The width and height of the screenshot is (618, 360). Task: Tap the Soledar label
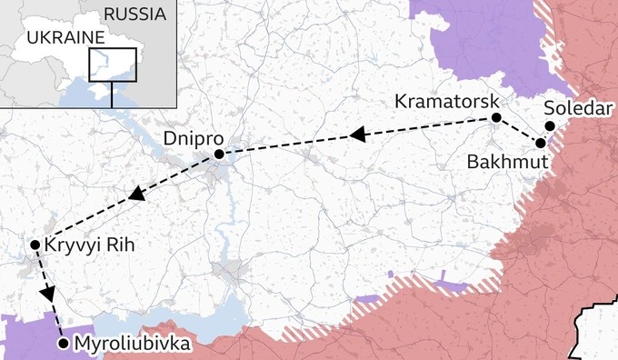[x=576, y=108]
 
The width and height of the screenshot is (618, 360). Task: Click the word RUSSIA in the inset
[x=135, y=14]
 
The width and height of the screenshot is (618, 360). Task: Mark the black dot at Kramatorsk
[x=496, y=118]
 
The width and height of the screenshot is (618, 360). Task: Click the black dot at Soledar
[x=550, y=126]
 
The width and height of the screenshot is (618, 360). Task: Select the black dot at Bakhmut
[x=541, y=143]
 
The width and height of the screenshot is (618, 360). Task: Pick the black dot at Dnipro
[x=219, y=155]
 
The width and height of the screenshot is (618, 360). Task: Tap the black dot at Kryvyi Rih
[x=34, y=245]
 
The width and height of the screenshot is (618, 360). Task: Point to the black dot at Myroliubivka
[x=62, y=344]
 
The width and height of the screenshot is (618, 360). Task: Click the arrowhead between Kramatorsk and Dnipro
[x=358, y=135]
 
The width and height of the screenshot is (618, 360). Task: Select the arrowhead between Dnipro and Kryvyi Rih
[x=137, y=194]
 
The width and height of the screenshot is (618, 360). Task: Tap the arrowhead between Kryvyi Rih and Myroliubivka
[x=47, y=295]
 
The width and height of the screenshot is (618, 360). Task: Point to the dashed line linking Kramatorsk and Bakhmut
[x=518, y=130]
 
